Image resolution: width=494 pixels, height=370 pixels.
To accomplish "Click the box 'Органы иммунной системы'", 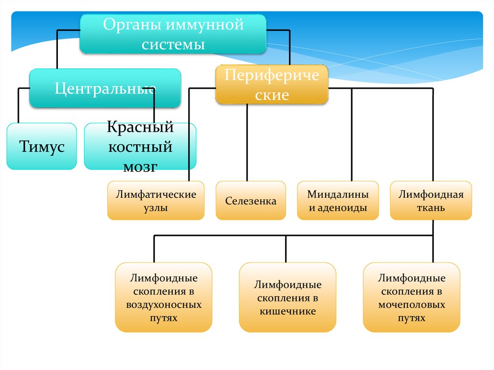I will [173, 34].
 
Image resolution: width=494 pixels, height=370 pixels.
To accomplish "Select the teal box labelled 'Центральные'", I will [105, 88].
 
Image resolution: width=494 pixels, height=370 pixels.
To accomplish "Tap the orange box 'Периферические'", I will [272, 85].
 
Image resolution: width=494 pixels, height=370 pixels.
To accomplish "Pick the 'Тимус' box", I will [41, 146].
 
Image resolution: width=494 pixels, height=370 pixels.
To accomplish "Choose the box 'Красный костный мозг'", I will [140, 146].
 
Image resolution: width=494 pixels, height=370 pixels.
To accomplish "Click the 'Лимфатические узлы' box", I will [156, 201].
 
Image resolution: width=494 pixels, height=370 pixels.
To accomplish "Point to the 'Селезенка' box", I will [250, 201].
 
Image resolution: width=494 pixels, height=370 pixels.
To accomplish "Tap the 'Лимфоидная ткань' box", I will [431, 201].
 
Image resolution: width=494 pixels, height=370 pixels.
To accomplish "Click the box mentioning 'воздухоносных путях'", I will [164, 298].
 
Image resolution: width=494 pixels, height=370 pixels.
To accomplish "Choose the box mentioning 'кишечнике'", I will [288, 298].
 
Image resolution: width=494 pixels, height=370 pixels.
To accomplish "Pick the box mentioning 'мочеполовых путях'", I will [412, 298].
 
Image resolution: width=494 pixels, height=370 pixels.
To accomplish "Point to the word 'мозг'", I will [140, 166].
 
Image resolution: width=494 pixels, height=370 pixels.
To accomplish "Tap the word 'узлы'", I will [156, 208].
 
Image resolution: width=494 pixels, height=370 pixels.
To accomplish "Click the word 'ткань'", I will [431, 208].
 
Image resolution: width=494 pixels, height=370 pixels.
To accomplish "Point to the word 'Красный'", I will [140, 127].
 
